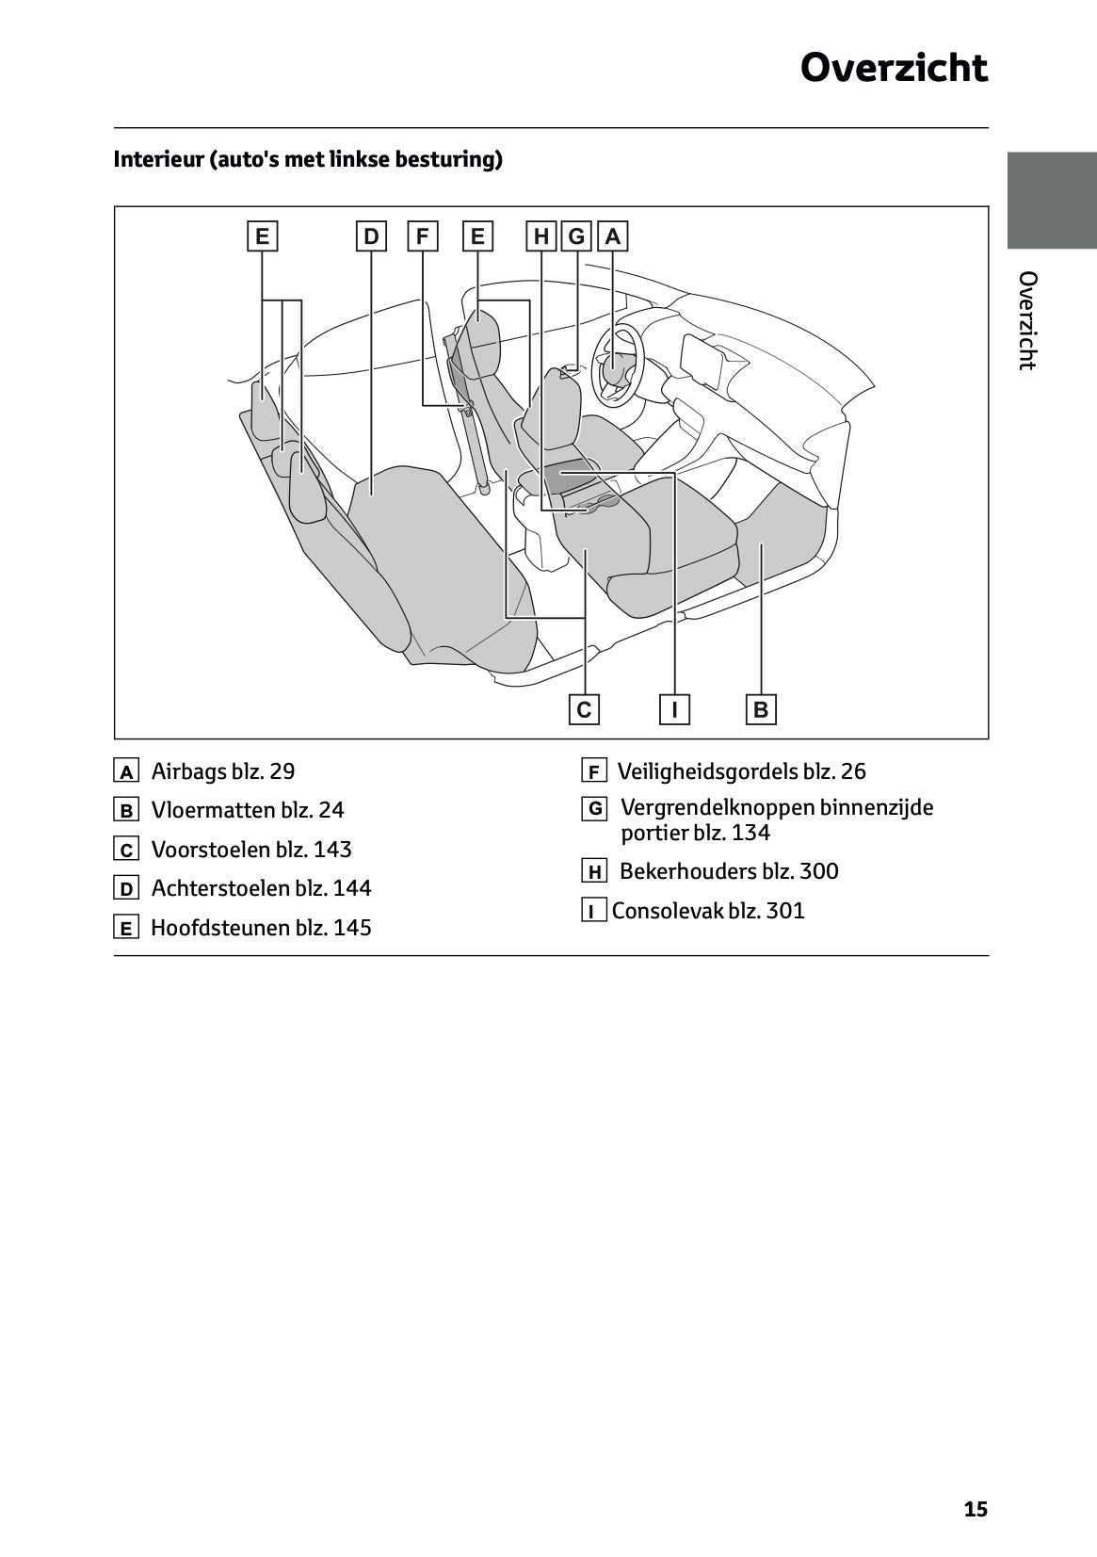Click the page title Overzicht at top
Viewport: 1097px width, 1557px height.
[x=894, y=68]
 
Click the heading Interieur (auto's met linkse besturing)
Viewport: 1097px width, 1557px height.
[x=308, y=159]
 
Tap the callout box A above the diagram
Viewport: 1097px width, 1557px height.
[x=613, y=236]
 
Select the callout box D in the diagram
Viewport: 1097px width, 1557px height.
[x=372, y=236]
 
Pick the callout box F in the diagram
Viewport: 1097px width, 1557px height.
[x=422, y=236]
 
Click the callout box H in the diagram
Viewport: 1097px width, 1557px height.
[x=541, y=236]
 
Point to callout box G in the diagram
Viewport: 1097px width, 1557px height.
[x=576, y=236]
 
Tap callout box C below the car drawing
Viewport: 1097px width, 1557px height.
[x=584, y=709]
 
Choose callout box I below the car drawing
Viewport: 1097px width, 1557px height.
[x=674, y=709]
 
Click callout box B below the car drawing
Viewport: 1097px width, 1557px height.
[x=761, y=709]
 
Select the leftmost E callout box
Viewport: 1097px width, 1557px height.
[x=262, y=236]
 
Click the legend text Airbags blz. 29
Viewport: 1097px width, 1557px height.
[x=223, y=771]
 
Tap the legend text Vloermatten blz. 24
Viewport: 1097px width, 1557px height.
[x=248, y=810]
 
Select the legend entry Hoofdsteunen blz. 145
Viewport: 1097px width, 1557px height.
[x=261, y=928]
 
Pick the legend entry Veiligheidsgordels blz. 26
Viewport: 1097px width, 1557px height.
[x=741, y=771]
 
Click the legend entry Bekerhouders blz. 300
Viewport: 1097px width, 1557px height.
[x=728, y=871]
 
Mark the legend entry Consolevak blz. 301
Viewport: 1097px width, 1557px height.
[x=708, y=911]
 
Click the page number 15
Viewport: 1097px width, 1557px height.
[x=976, y=1510]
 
